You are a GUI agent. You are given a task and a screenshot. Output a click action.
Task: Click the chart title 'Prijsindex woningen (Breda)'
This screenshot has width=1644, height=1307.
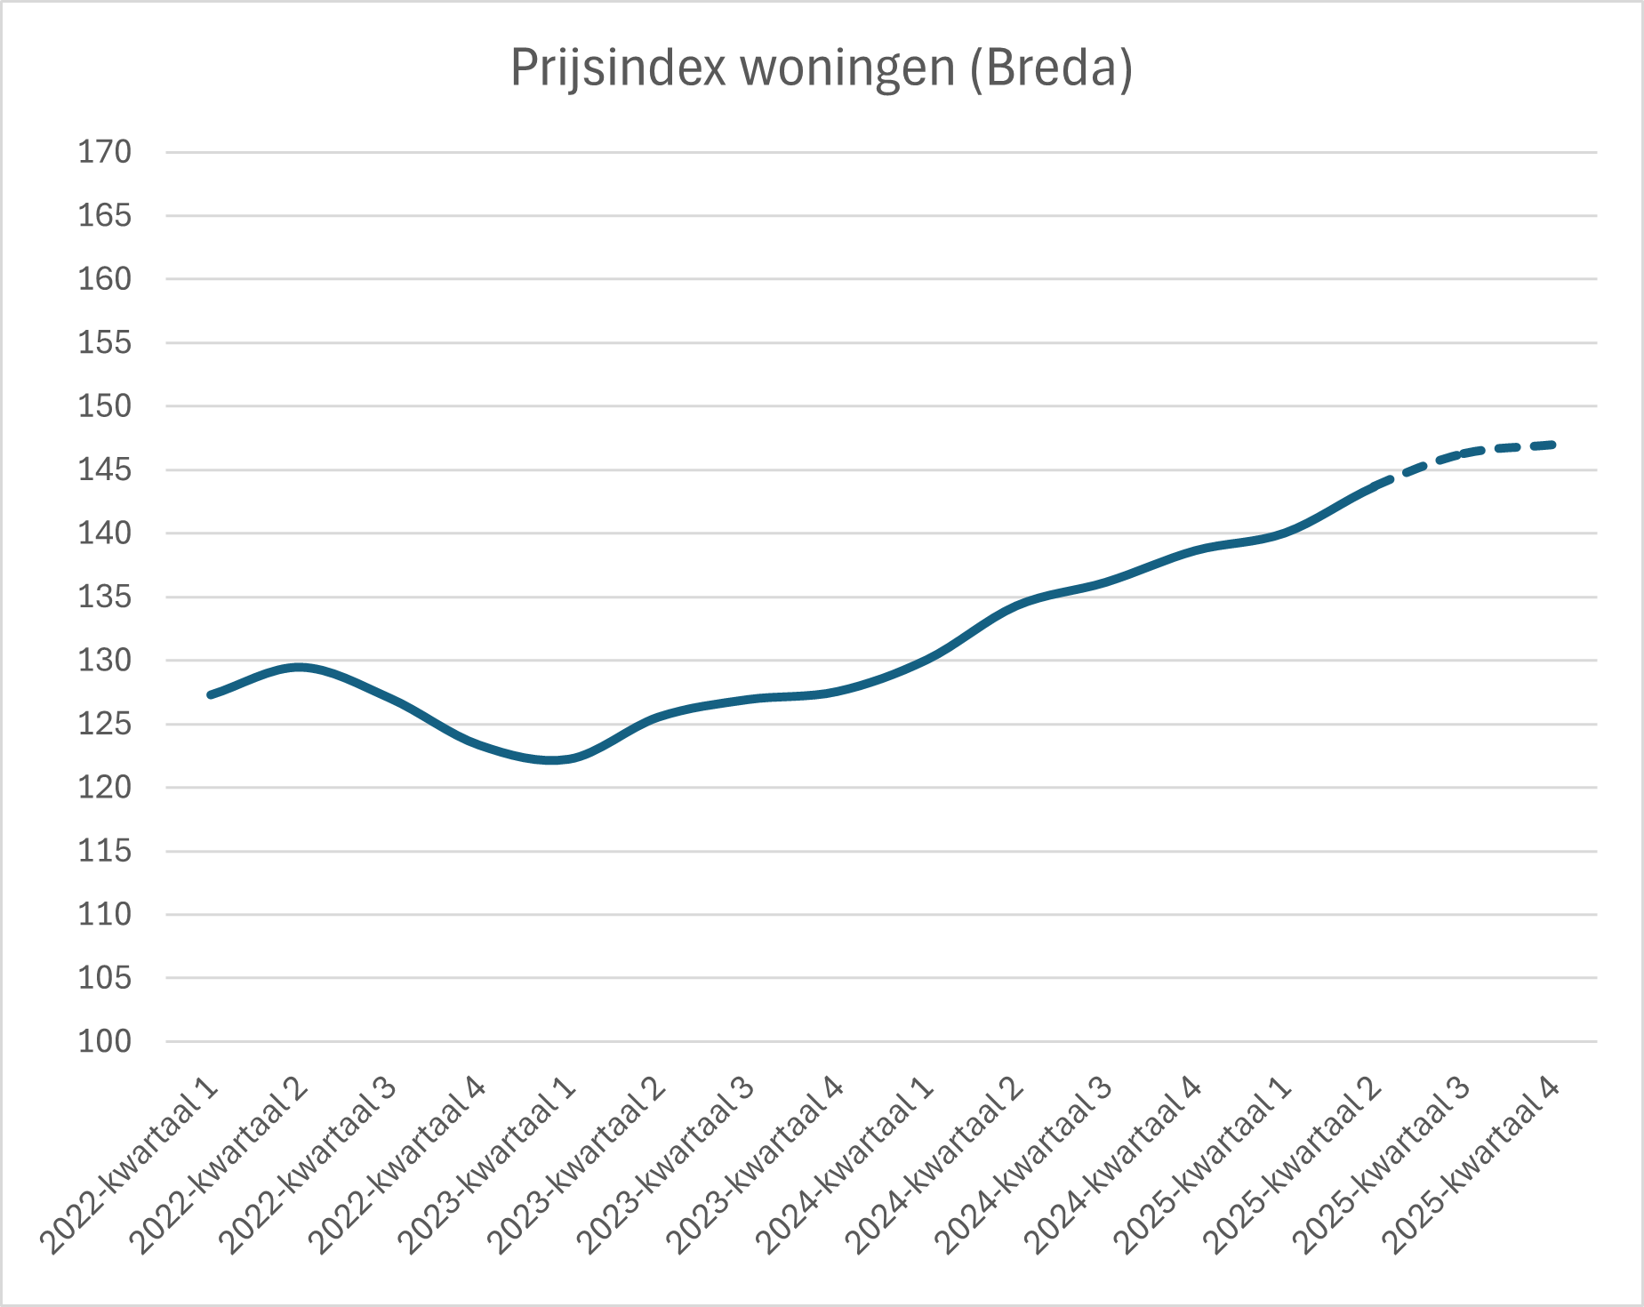pyautogui.click(x=822, y=68)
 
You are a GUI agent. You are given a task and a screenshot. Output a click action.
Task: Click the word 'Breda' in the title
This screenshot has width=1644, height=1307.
pyautogui.click(x=1051, y=68)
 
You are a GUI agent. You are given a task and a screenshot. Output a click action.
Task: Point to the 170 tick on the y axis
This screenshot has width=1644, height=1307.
pyautogui.click(x=104, y=152)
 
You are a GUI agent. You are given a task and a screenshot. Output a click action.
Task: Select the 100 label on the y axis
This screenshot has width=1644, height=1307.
pyautogui.click(x=104, y=1041)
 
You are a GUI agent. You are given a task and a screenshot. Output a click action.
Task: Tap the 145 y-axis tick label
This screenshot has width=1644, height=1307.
pyautogui.click(x=104, y=469)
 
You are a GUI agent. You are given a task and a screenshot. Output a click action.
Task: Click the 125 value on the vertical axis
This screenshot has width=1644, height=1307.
pyautogui.click(x=104, y=724)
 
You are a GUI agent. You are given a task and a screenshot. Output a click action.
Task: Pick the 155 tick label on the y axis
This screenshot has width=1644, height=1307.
pyautogui.click(x=104, y=342)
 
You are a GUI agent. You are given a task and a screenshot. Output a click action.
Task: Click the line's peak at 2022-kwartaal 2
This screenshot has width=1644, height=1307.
pyautogui.click(x=300, y=667)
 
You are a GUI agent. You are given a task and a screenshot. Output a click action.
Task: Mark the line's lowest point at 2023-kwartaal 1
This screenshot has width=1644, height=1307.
pyautogui.click(x=553, y=760)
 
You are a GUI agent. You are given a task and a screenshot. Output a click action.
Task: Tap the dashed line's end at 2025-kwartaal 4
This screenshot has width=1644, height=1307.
pyautogui.click(x=1552, y=445)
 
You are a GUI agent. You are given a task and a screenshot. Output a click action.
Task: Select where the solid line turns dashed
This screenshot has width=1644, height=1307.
pyautogui.click(x=1375, y=487)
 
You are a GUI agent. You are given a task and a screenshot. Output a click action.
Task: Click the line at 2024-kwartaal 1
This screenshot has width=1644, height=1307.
pyautogui.click(x=926, y=659)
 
